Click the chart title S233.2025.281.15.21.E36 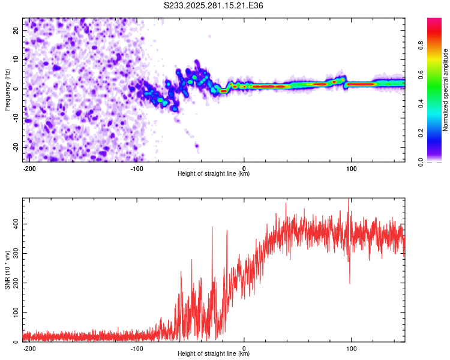[x=214, y=6]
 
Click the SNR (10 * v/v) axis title [x=7, y=269]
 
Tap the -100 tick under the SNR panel [x=137, y=347]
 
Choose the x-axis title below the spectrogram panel [x=214, y=174]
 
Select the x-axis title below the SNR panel [x=214, y=354]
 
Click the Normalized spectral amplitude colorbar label [x=445, y=90]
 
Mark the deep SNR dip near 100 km [x=350, y=282]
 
